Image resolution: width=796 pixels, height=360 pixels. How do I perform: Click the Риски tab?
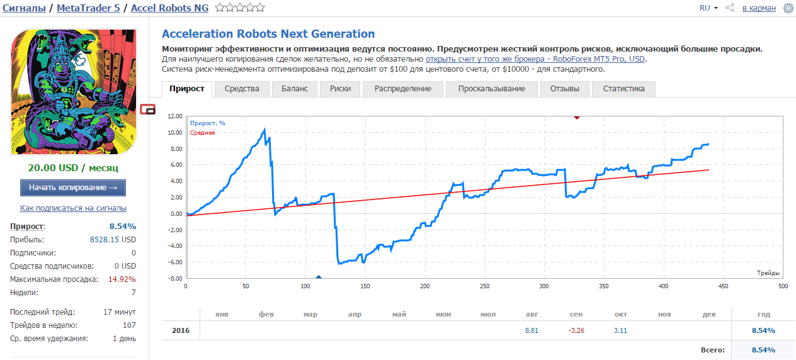tap(340, 89)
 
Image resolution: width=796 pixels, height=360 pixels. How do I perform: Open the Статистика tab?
tap(623, 89)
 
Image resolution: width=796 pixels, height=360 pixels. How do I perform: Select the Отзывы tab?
tap(565, 89)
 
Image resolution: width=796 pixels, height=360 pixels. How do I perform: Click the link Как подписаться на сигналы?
tap(73, 208)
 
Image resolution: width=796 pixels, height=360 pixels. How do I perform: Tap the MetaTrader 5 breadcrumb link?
tap(89, 8)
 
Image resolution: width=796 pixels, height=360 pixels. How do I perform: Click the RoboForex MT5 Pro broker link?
tap(535, 59)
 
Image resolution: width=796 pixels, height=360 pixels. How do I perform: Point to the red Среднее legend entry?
tap(202, 133)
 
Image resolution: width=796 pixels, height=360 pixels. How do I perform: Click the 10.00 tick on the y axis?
tap(175, 132)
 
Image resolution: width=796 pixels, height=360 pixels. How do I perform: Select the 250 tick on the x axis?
tap(484, 286)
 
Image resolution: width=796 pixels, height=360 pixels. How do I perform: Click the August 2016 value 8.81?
tap(532, 330)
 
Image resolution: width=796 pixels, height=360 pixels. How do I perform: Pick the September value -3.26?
tap(576, 330)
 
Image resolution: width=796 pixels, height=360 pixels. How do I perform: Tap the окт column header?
tap(620, 314)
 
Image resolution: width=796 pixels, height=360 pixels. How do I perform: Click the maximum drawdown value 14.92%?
tap(122, 279)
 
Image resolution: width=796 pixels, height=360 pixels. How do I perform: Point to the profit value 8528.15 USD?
tap(113, 240)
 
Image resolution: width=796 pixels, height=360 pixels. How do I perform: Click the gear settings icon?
tap(788, 8)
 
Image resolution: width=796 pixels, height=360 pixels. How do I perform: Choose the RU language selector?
tap(708, 8)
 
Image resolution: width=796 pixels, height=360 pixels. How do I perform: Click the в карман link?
tap(759, 8)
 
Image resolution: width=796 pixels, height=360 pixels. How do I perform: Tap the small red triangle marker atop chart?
tap(577, 118)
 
